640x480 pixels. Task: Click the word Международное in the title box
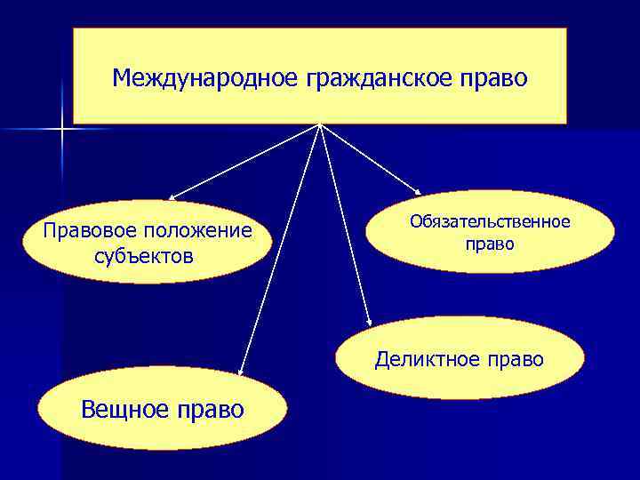click(205, 79)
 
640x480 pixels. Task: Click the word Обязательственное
click(490, 221)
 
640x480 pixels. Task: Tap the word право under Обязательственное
click(490, 243)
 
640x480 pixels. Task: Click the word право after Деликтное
click(515, 359)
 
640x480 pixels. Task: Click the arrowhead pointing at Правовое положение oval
click(171, 197)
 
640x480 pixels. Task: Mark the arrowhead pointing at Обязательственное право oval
click(421, 192)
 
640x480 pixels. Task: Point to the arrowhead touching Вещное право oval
click(241, 372)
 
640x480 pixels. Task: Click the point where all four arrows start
click(319, 124)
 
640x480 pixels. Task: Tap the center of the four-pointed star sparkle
click(63, 131)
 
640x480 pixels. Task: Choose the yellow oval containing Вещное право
click(164, 410)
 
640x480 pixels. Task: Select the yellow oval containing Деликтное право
click(460, 358)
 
